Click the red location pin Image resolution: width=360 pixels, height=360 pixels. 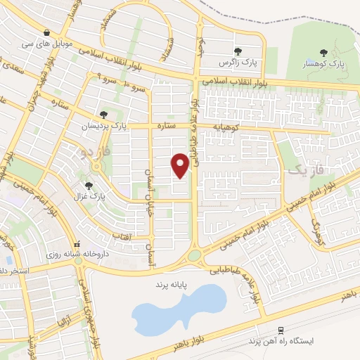180,165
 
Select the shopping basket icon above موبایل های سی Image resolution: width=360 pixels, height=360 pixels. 46,32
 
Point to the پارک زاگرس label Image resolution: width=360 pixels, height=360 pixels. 238,63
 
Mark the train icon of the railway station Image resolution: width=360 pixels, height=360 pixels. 281,330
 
